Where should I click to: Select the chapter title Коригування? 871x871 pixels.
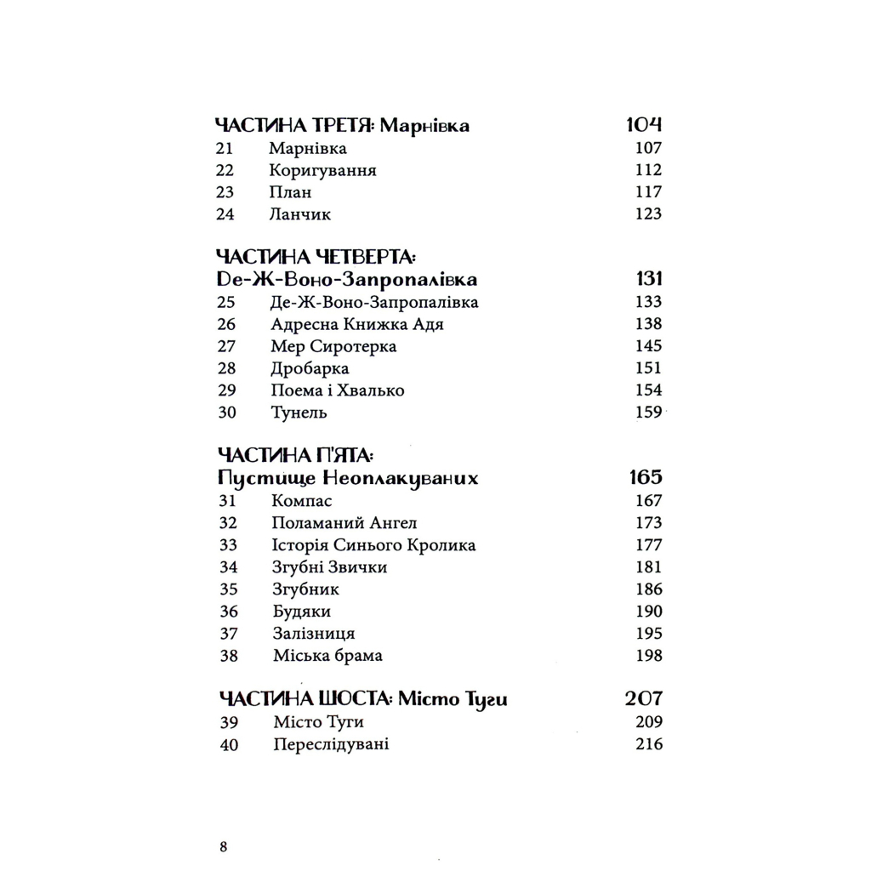pyautogui.click(x=322, y=170)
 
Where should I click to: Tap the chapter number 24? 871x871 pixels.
pyautogui.click(x=225, y=214)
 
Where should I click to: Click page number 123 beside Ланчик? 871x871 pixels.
pyautogui.click(x=648, y=214)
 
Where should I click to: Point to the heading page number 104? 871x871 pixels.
pyautogui.click(x=644, y=126)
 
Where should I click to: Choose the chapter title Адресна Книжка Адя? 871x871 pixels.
pyautogui.click(x=356, y=324)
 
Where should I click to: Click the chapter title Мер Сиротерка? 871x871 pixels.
pyautogui.click(x=333, y=346)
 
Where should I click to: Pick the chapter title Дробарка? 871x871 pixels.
pyautogui.click(x=310, y=368)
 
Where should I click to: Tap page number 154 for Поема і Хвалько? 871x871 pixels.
pyautogui.click(x=648, y=390)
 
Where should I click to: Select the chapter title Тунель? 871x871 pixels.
pyautogui.click(x=299, y=413)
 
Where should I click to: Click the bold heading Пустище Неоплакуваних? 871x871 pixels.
pyautogui.click(x=348, y=478)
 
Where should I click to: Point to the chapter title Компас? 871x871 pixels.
pyautogui.click(x=302, y=501)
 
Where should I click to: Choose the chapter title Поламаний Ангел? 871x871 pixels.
pyautogui.click(x=344, y=523)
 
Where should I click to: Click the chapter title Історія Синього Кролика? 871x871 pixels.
pyautogui.click(x=373, y=545)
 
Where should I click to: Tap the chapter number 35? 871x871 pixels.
pyautogui.click(x=227, y=589)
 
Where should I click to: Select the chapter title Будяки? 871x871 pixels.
pyautogui.click(x=301, y=612)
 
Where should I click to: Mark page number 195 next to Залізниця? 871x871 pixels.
pyautogui.click(x=648, y=634)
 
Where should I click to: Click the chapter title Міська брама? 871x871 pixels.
pyautogui.click(x=327, y=656)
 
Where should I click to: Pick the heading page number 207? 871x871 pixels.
pyautogui.click(x=644, y=699)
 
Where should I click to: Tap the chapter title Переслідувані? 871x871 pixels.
pyautogui.click(x=332, y=745)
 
